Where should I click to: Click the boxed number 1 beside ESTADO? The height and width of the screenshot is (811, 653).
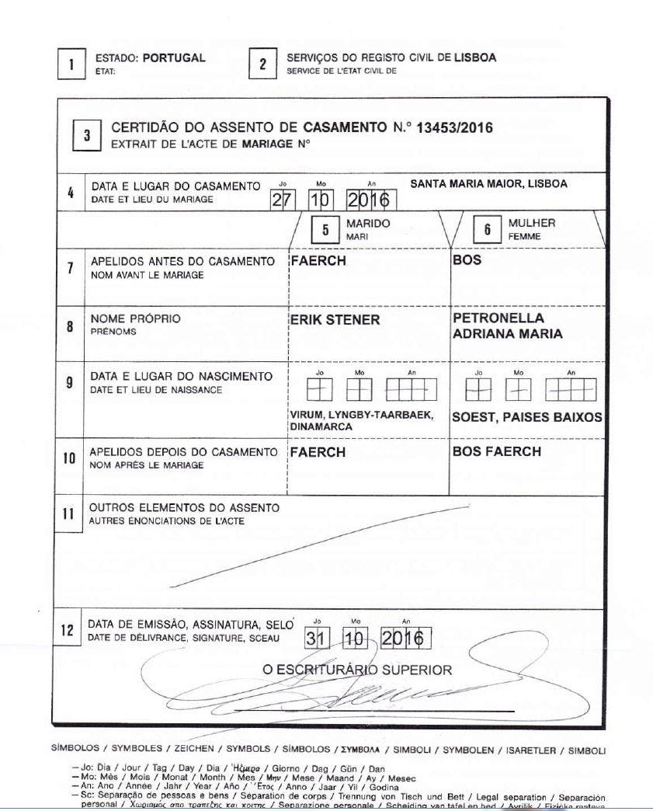coord(71,64)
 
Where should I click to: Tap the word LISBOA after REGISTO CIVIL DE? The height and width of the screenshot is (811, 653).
coord(475,58)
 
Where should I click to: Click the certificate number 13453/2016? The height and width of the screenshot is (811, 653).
coord(454,128)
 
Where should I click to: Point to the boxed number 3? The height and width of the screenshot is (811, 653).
coord(87,135)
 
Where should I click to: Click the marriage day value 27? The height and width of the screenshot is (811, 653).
coord(283,200)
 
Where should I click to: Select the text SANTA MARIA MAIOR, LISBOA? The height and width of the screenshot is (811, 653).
coord(488,185)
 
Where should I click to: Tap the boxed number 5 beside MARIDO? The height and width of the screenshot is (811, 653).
coord(326,230)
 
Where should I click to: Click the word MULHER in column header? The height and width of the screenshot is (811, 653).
coord(532,224)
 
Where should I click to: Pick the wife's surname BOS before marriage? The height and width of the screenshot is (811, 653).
coord(467,261)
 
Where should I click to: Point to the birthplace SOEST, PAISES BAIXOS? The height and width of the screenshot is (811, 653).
coord(526,417)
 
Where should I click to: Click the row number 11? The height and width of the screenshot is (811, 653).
coord(68,514)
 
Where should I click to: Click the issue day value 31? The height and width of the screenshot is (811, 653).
coord(314,639)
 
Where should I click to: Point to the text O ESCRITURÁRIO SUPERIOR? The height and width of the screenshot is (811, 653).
coord(357,670)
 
